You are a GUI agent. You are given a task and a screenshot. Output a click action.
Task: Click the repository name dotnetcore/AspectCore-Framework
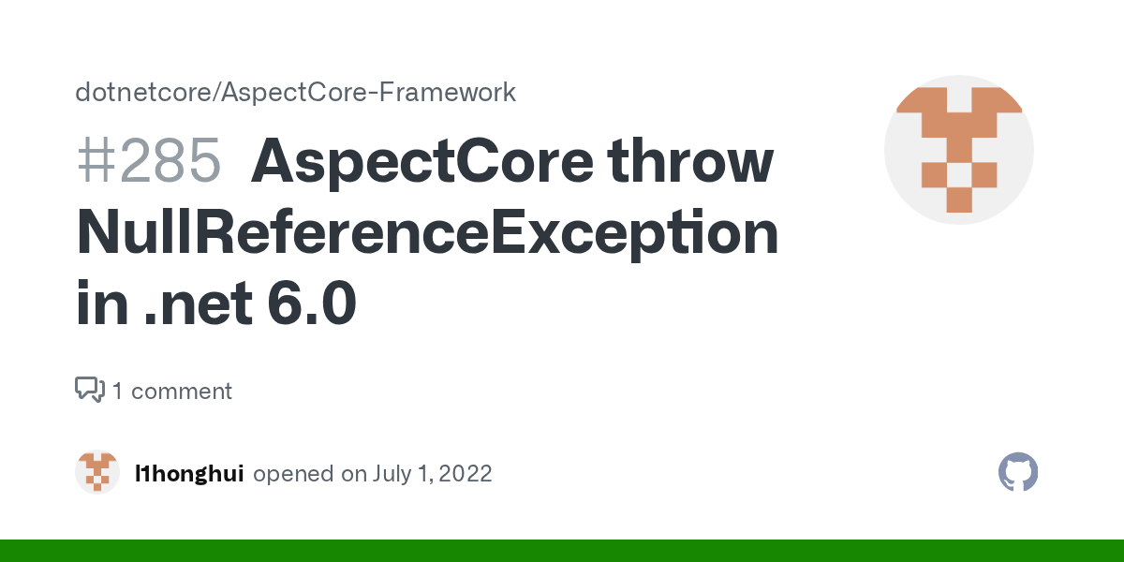pos(295,93)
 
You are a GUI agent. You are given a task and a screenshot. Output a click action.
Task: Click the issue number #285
pos(149,161)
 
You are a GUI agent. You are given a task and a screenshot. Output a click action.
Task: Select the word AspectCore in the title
pos(421,161)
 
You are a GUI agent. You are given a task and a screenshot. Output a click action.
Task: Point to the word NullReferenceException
pos(427,233)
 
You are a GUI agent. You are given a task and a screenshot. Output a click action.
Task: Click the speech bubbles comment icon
pos(90,390)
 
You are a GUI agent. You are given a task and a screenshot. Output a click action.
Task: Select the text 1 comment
pos(172,391)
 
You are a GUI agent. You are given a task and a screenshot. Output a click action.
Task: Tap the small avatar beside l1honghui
pos(97,472)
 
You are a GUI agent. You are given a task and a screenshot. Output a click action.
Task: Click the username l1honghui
pos(189,474)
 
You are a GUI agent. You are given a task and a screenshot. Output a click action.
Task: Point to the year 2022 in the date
pos(463,474)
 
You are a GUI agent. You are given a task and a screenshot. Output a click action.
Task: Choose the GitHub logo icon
pos(1018,472)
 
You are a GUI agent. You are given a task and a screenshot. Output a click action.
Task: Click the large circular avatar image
pos(958,150)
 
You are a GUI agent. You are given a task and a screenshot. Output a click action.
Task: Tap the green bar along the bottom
pos(562,551)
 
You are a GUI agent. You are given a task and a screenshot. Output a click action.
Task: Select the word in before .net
pos(101,304)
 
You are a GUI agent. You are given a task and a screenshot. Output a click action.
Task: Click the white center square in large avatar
pos(958,175)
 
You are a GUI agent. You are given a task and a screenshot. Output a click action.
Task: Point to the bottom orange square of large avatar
pos(958,200)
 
